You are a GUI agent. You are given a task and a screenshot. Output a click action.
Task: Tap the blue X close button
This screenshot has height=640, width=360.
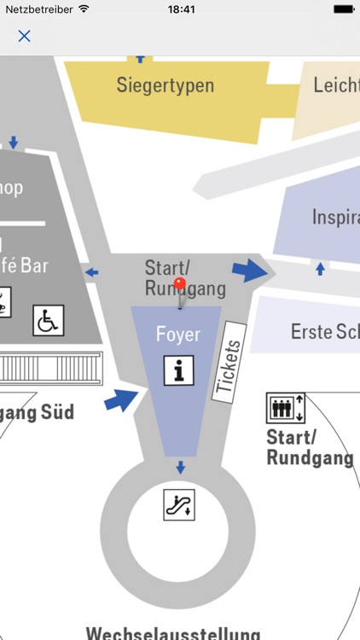[24, 36]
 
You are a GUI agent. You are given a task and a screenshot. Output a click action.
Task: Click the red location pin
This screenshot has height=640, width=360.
[179, 285]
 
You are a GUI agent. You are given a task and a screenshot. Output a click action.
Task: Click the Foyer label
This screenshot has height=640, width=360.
[177, 334]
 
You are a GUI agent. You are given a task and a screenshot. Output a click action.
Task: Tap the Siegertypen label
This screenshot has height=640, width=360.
[165, 85]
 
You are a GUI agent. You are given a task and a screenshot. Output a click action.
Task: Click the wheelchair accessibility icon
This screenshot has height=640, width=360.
[48, 321]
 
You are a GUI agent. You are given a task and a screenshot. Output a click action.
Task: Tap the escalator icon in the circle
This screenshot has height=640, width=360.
[179, 503]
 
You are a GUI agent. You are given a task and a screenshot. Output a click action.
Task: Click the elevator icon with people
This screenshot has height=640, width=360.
[285, 407]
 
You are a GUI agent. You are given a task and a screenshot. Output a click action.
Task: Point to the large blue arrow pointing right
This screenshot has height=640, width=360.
[253, 270]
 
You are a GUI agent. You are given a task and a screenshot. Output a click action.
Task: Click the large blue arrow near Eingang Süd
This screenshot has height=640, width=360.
[122, 399]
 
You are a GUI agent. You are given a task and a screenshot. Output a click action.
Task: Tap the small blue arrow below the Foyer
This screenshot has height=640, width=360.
[179, 467]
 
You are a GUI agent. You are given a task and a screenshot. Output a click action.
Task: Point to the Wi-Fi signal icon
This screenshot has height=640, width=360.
[84, 9]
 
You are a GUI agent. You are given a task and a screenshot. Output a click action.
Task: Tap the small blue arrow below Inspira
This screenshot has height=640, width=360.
[320, 269]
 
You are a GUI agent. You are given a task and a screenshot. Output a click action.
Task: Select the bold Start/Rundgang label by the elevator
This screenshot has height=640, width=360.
[309, 448]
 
